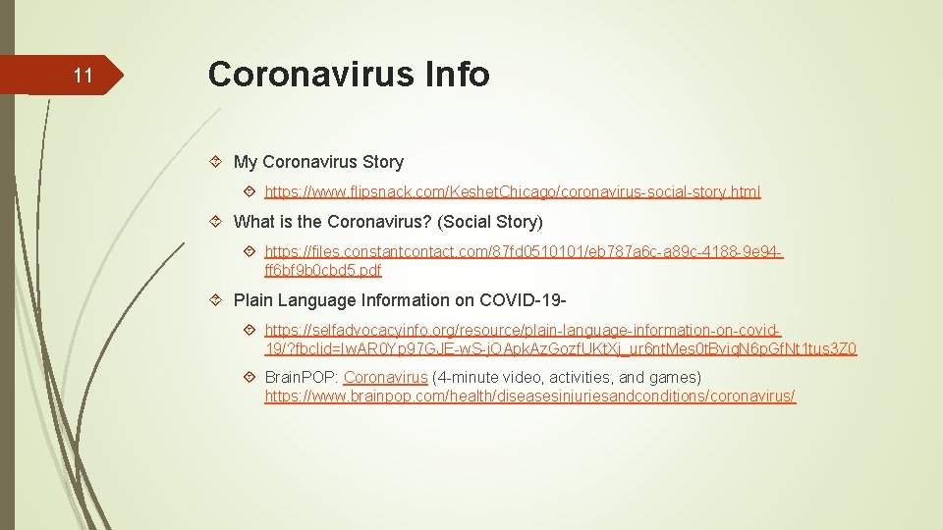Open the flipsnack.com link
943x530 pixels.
(x=512, y=192)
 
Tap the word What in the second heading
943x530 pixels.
(x=255, y=222)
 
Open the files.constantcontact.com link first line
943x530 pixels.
(x=524, y=252)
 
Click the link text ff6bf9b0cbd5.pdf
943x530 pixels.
(x=322, y=270)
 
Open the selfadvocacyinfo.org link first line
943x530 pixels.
(x=524, y=331)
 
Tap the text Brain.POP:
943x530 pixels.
(x=302, y=378)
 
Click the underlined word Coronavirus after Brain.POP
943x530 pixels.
(x=385, y=378)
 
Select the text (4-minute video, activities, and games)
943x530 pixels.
(x=567, y=378)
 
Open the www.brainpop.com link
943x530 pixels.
(x=529, y=397)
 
